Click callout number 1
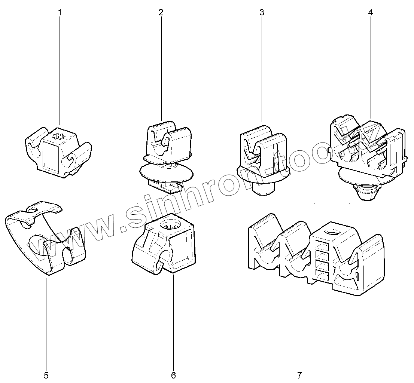tap(60, 12)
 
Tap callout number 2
tap(161, 12)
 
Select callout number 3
tap(262, 12)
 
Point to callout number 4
tap(370, 12)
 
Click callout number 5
tap(46, 375)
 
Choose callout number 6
tap(173, 375)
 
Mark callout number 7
tap(299, 375)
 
